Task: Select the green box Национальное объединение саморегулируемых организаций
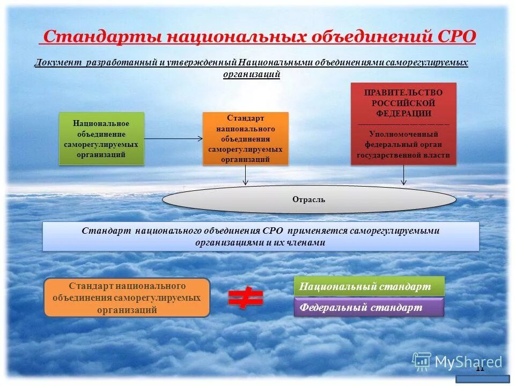pyautogui.click(x=101, y=138)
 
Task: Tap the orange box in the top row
pyautogui.click(x=245, y=138)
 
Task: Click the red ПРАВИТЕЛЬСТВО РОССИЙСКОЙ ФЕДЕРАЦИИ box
pyautogui.click(x=403, y=124)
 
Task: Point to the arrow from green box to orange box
pyautogui.click(x=173, y=138)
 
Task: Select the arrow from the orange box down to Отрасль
pyautogui.click(x=246, y=175)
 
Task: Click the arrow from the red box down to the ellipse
pyautogui.click(x=403, y=175)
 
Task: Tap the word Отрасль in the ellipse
pyautogui.click(x=308, y=199)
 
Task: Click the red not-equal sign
pyautogui.click(x=246, y=298)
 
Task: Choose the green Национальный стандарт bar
pyautogui.click(x=369, y=286)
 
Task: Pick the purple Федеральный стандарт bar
pyautogui.click(x=369, y=307)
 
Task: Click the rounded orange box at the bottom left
pyautogui.click(x=127, y=298)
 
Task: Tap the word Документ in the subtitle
pyautogui.click(x=57, y=63)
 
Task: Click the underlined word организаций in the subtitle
pyautogui.click(x=252, y=74)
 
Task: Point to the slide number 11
pyautogui.click(x=480, y=368)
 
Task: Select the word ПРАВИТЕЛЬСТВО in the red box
pyautogui.click(x=403, y=93)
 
